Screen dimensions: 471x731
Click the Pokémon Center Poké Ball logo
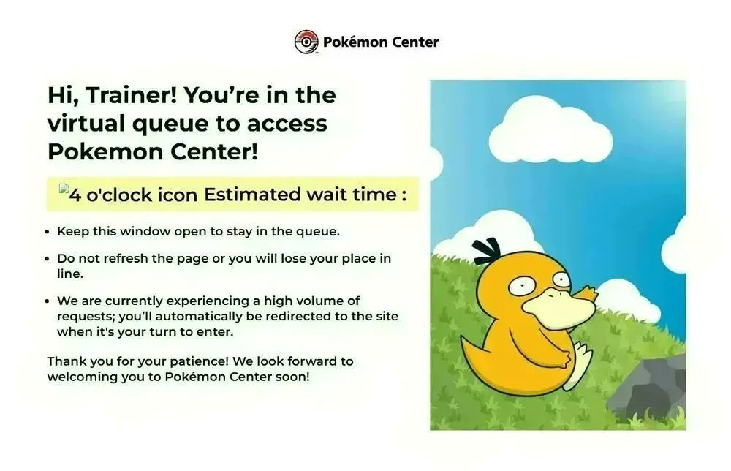pos(307,42)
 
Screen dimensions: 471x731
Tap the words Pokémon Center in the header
pos(381,42)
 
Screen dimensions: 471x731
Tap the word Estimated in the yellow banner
pos(251,195)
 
